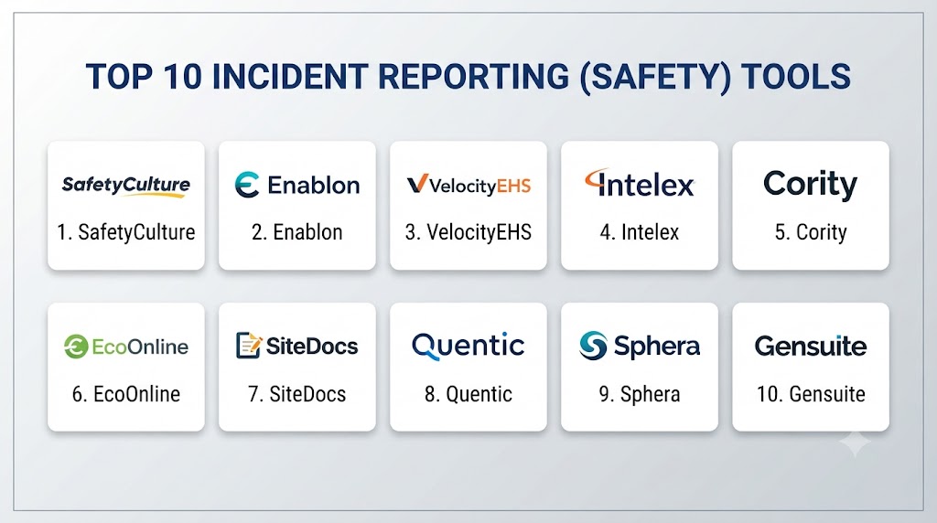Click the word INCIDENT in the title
pos(289,77)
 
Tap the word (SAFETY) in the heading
pos(655,78)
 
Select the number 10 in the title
pos(182,77)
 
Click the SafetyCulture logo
pos(126,186)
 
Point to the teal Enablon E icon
pos(247,185)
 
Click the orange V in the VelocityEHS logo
pos(417,184)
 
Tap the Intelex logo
pos(640,183)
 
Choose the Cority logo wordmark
pos(811,185)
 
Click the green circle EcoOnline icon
pos(76,347)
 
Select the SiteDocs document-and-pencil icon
pos(249,346)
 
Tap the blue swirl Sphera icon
pos(593,346)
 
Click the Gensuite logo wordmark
pos(811,347)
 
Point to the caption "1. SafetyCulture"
pos(126,232)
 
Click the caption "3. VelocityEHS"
pos(468,232)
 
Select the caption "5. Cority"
pos(811,232)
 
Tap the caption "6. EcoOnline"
pos(126,394)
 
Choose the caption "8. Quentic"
pos(468,394)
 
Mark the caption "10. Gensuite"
pos(811,394)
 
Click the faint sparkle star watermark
pos(856,443)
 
